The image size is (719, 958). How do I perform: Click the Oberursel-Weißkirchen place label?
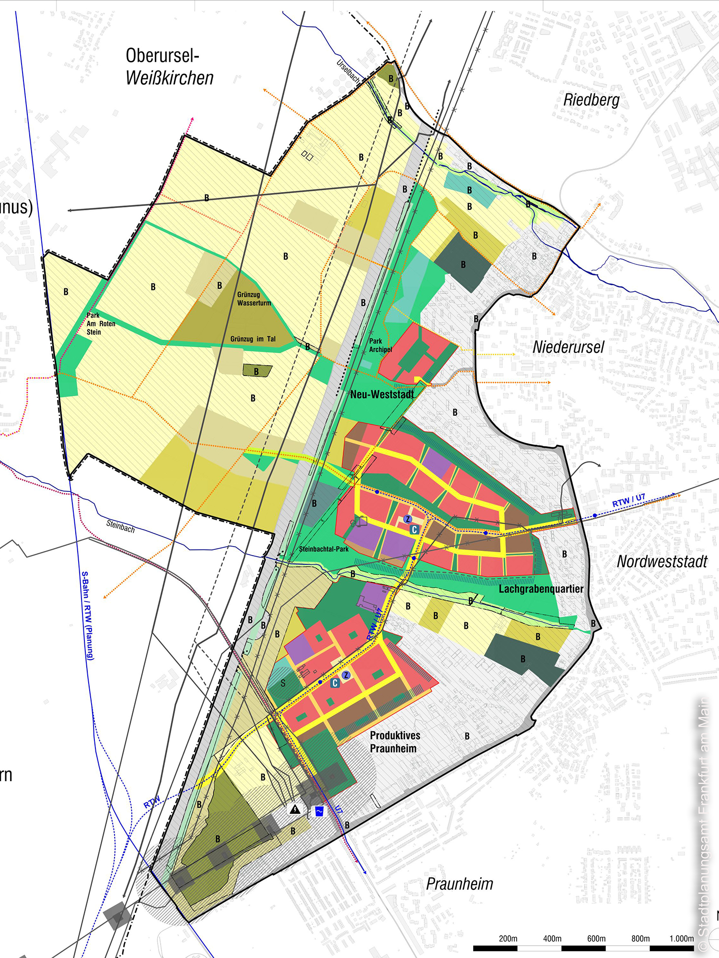169,67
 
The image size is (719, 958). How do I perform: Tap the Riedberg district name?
591,100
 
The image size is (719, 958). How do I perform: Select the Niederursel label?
568,347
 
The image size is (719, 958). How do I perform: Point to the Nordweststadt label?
662,561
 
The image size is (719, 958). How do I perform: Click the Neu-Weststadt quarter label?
382,395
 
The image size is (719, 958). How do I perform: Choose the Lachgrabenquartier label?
541,589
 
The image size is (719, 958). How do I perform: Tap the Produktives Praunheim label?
394,741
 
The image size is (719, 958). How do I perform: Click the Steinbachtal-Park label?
324,549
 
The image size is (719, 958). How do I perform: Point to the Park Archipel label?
380,345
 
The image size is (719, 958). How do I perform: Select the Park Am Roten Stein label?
101,324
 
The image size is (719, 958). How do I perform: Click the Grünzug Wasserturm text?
254,299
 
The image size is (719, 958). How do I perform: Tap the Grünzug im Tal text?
253,339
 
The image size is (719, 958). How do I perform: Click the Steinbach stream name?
120,526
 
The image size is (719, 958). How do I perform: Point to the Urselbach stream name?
348,71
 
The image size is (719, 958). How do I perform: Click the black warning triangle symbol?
295,809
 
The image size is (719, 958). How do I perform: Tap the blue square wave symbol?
319,811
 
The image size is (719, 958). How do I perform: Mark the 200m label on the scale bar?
508,938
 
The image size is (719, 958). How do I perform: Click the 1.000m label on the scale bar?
681,938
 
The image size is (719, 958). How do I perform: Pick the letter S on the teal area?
283,683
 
